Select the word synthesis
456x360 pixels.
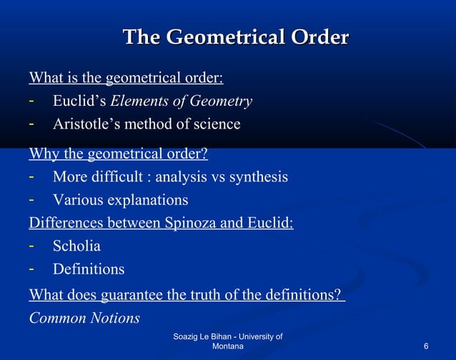[x=259, y=176]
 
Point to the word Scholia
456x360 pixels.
[x=76, y=246]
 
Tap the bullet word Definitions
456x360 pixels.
[x=89, y=269]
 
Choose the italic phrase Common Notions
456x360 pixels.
[x=84, y=318]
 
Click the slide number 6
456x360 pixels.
[x=426, y=346]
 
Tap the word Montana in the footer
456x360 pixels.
[x=229, y=346]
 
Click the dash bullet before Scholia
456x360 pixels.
[x=32, y=246]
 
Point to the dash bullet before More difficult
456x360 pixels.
[x=32, y=176]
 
